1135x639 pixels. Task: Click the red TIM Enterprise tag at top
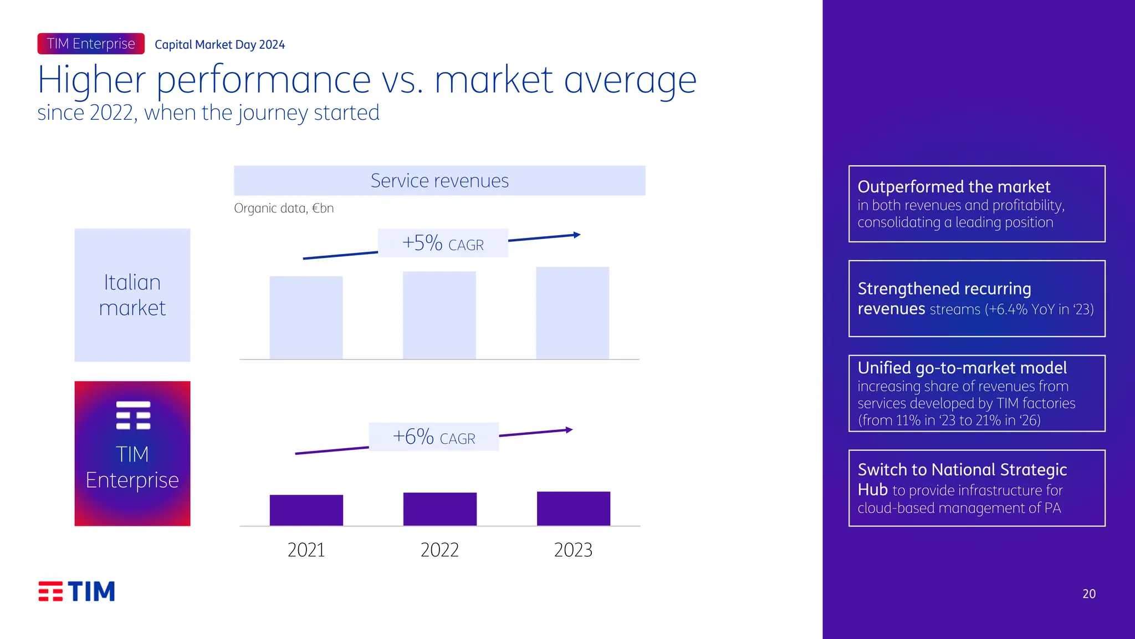(91, 44)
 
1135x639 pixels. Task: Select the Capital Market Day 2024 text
(219, 44)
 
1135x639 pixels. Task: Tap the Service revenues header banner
(439, 181)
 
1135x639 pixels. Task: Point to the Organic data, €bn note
(284, 208)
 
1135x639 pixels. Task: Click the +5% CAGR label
(443, 244)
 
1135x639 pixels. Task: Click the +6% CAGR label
(434, 437)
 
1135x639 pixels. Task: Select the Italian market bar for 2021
(306, 317)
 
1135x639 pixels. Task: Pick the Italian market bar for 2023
(572, 313)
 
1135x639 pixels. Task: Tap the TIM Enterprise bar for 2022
(439, 509)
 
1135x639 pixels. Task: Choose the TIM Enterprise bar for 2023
(573, 508)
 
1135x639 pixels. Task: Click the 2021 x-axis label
(306, 550)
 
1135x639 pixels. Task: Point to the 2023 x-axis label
(573, 550)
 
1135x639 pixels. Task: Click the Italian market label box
(132, 295)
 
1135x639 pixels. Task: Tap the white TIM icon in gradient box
(133, 415)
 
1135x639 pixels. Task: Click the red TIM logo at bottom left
(76, 591)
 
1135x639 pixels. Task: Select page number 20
(1088, 594)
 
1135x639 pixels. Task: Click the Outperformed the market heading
(954, 186)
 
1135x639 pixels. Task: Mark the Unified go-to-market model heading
(962, 368)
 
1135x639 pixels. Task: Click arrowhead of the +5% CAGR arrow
(577, 235)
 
